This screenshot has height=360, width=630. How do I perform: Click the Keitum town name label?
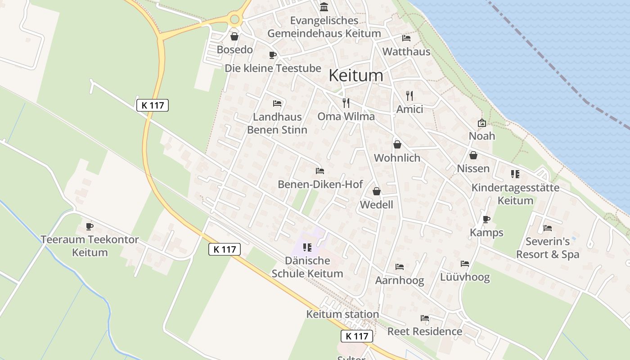(x=356, y=75)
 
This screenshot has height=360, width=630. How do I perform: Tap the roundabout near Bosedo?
(x=234, y=19)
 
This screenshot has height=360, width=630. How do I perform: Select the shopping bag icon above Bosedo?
(x=234, y=36)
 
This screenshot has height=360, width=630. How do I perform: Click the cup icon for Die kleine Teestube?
(x=272, y=55)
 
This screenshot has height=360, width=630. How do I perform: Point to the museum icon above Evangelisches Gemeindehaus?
(x=324, y=7)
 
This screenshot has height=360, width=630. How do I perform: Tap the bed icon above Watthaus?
(x=406, y=38)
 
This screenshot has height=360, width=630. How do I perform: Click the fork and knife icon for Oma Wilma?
(x=346, y=103)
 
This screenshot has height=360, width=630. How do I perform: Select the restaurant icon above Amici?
(x=409, y=95)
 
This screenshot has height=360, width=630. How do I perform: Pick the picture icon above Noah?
(x=481, y=122)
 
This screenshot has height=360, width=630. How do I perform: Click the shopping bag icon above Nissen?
(x=473, y=155)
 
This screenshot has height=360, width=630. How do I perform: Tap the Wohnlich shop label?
(x=397, y=158)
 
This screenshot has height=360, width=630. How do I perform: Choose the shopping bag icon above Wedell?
(x=377, y=191)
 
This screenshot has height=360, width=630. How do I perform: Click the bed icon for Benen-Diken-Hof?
(x=320, y=171)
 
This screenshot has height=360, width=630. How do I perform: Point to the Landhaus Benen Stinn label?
(x=277, y=123)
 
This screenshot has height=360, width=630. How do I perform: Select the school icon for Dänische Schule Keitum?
(x=307, y=247)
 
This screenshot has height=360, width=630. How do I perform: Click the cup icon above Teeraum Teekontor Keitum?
(x=89, y=226)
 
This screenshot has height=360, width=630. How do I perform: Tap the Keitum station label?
(x=342, y=314)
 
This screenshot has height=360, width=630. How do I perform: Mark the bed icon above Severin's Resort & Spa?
(x=547, y=228)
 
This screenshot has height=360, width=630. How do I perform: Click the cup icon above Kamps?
(x=486, y=219)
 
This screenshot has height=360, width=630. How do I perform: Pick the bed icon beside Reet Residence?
(x=424, y=318)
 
